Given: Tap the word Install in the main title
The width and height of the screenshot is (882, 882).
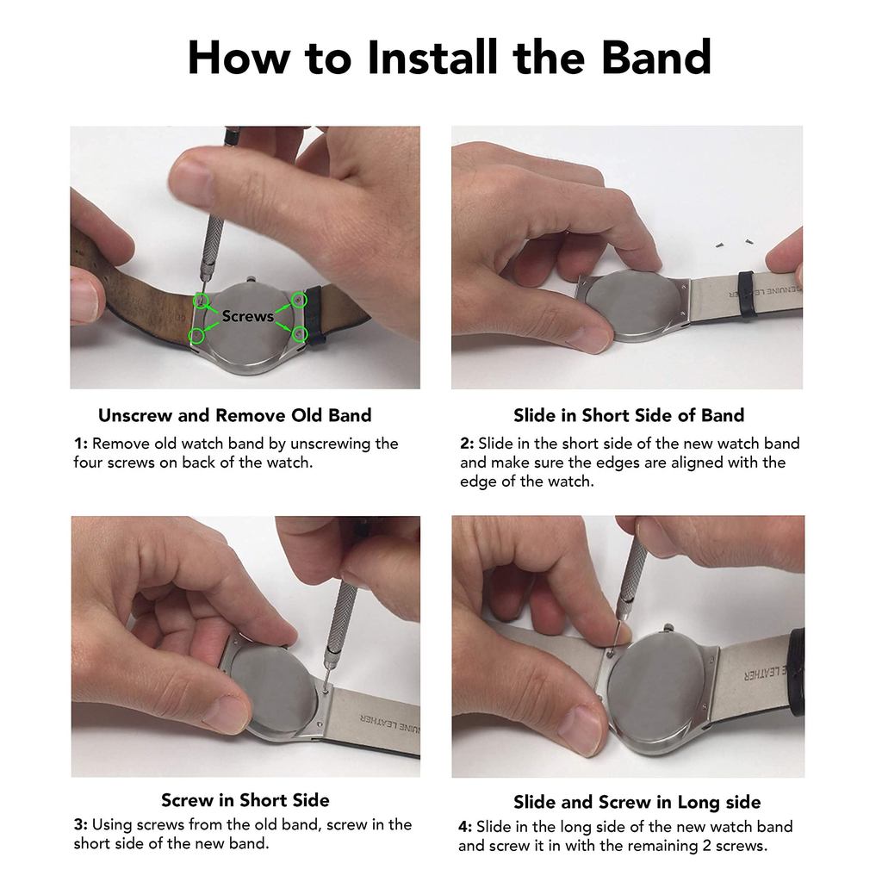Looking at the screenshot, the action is pyautogui.click(x=432, y=57).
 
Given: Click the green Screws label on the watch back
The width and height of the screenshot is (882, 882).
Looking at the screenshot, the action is pyautogui.click(x=247, y=316).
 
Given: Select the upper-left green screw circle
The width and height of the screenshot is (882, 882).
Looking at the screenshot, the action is pyautogui.click(x=200, y=301).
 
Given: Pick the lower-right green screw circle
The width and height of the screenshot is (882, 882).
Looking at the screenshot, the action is pyautogui.click(x=301, y=334).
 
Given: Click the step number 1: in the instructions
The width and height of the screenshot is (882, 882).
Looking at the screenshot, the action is pyautogui.click(x=80, y=444).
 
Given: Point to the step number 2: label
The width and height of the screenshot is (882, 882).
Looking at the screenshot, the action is pyautogui.click(x=468, y=444).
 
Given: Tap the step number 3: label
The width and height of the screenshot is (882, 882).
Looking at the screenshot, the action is pyautogui.click(x=80, y=825).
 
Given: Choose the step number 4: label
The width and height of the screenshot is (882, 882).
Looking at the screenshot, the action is pyautogui.click(x=465, y=827).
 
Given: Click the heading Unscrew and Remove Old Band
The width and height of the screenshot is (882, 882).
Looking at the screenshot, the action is pyautogui.click(x=234, y=416).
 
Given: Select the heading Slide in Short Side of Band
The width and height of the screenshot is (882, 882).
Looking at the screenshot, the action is pyautogui.click(x=629, y=416).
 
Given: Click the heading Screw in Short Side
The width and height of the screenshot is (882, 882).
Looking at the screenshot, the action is pyautogui.click(x=245, y=800).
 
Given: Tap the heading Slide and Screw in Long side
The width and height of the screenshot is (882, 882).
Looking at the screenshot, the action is pyautogui.click(x=637, y=802).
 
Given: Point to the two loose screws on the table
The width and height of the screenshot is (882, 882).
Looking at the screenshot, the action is pyautogui.click(x=733, y=243).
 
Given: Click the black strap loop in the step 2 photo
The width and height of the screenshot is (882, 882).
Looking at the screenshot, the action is pyautogui.click(x=747, y=295).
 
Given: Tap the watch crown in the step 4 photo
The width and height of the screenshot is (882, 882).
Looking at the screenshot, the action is pyautogui.click(x=668, y=628).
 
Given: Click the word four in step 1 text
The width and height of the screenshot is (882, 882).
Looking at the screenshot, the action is pyautogui.click(x=89, y=463).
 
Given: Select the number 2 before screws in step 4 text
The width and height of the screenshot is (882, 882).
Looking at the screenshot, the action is pyautogui.click(x=707, y=846).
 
